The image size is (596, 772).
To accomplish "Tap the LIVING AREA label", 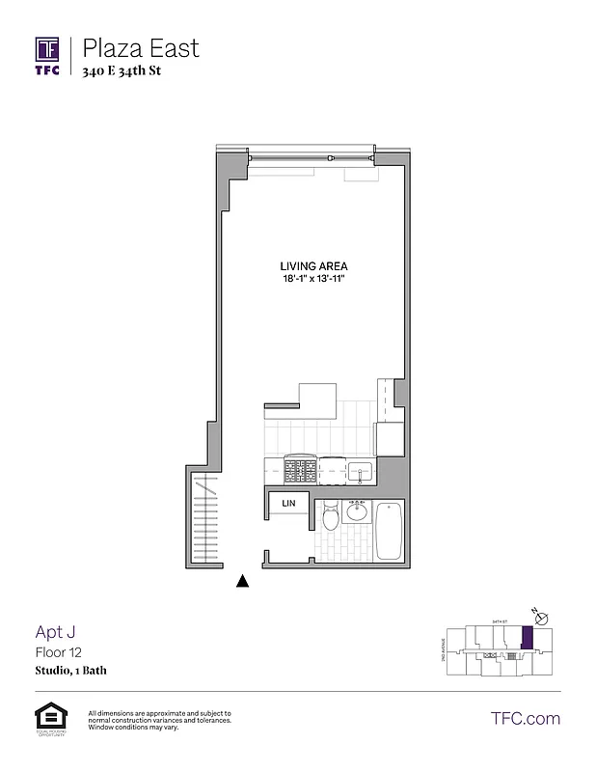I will [313, 266].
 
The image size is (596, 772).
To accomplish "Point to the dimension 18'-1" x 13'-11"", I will [313, 279].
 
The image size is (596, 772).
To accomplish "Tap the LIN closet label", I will [287, 504].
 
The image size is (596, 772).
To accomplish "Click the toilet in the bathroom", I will [330, 518].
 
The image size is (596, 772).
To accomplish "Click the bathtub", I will [390, 531].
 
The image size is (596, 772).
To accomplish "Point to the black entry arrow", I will [243, 581].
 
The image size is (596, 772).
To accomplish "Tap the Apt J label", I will [55, 632].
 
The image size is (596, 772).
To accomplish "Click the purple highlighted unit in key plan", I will [527, 638].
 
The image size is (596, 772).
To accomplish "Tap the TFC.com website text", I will [526, 718].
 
